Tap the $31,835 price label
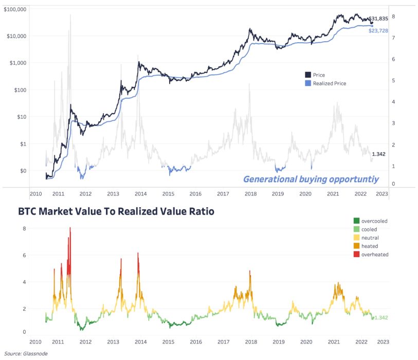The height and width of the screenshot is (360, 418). [x=378, y=19]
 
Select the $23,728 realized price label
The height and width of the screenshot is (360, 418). [x=378, y=31]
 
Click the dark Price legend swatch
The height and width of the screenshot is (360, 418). [x=308, y=75]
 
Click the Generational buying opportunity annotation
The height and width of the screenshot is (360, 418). [x=311, y=179]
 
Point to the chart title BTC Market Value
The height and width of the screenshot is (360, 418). [x=116, y=211]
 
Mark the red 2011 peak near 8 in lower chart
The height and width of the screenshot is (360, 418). [x=70, y=228]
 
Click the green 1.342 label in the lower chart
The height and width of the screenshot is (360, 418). [x=380, y=317]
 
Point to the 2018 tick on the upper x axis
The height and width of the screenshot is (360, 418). [x=250, y=194]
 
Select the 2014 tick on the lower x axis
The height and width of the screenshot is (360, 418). [x=140, y=341]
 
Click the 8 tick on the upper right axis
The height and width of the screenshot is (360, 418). [x=393, y=16]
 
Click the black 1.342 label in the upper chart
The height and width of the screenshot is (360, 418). [x=378, y=154]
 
